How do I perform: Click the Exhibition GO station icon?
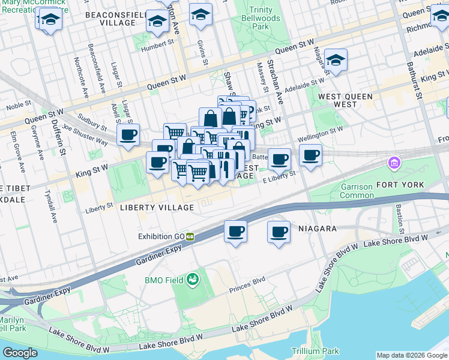click(190, 236)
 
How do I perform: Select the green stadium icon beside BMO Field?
click(193, 279)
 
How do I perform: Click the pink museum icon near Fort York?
click(394, 163)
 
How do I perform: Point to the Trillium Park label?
click(315, 351)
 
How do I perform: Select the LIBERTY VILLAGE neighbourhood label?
click(157, 208)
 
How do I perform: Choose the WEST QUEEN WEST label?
click(345, 100)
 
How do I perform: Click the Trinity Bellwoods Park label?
click(265, 19)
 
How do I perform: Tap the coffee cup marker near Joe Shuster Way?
click(128, 135)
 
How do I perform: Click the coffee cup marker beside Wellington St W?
click(310, 156)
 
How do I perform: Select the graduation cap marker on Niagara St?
click(336, 60)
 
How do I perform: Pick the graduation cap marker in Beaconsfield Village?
click(158, 23)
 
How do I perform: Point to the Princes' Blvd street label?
click(247, 288)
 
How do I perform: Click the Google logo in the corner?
click(20, 353)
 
